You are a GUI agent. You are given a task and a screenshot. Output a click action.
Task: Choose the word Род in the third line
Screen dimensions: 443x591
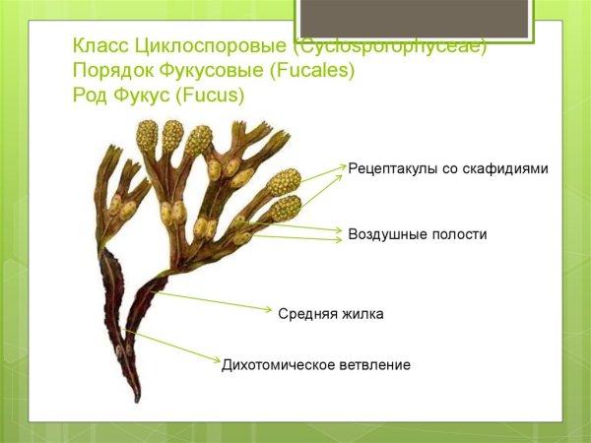pyautogui.click(x=92, y=95)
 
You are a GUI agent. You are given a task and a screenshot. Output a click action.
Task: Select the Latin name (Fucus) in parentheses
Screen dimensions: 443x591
pyautogui.click(x=209, y=95)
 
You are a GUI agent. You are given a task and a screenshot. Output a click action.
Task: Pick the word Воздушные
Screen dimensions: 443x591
pyautogui.click(x=385, y=234)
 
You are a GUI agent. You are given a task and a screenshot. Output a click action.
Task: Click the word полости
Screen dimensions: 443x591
pyautogui.click(x=457, y=234)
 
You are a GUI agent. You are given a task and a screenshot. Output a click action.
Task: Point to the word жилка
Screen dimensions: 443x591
pyautogui.click(x=362, y=314)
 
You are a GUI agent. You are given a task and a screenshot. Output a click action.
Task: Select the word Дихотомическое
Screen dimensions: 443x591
pyautogui.click(x=279, y=365)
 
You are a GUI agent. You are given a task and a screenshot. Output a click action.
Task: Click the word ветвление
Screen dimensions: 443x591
pyautogui.click(x=374, y=365)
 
